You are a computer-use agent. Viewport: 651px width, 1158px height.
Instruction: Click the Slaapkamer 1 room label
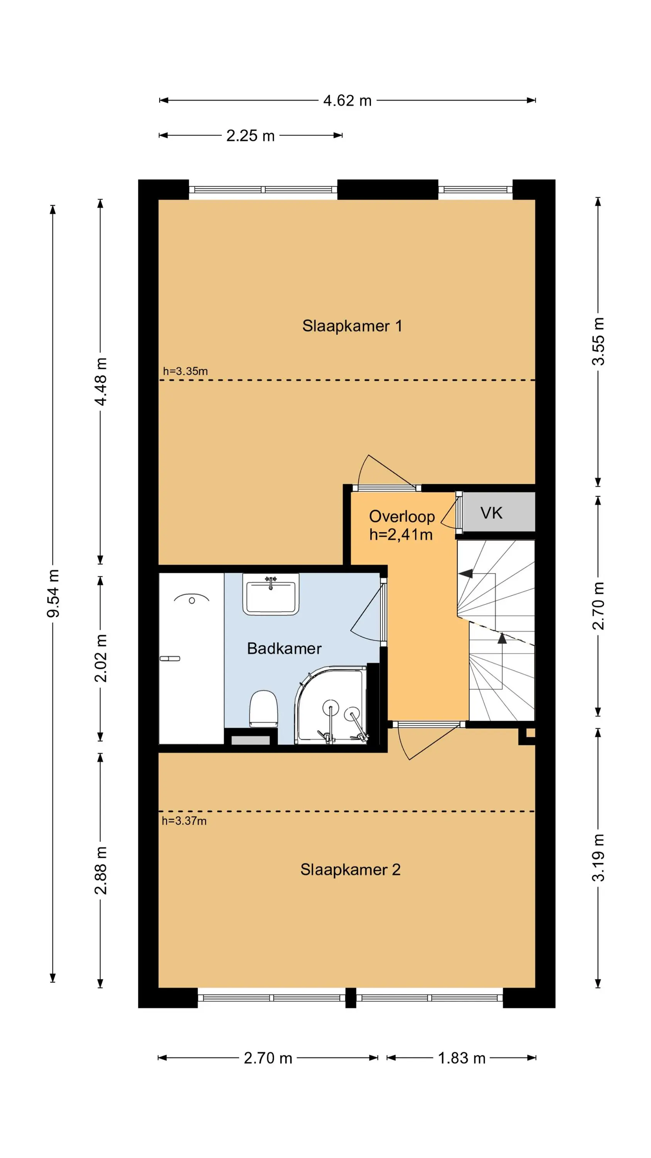tap(352, 326)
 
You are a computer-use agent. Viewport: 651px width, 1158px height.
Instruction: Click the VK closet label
tap(491, 513)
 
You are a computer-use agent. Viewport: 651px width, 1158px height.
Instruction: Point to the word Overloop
tap(401, 516)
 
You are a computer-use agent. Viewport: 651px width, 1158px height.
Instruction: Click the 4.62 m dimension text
tap(347, 101)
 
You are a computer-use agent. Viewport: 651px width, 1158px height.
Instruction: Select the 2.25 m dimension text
tap(250, 136)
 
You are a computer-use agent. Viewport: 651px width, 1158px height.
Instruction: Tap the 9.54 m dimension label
tap(53, 593)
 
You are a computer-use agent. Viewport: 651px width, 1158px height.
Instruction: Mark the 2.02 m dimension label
tap(101, 659)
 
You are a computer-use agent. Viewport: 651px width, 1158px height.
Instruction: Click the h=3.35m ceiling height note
tap(185, 371)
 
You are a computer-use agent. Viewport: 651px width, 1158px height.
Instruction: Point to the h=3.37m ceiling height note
tap(184, 821)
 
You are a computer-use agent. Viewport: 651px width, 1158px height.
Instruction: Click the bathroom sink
tap(270, 594)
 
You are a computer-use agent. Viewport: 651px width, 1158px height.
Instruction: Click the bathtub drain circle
tap(192, 601)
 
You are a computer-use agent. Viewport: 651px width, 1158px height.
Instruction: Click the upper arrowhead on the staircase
tap(465, 574)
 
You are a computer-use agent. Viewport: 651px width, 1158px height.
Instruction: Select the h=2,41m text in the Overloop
tap(401, 535)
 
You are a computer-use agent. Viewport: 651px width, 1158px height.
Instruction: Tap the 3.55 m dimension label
tap(598, 341)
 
